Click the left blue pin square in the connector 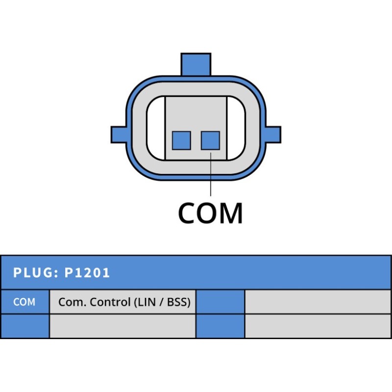tap(181, 141)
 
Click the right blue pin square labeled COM tap(211, 141)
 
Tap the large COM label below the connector tap(210, 213)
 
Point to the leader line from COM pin tap(211, 174)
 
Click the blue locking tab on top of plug tap(196, 64)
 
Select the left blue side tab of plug tap(119, 135)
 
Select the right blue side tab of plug tap(273, 135)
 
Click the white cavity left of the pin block tap(156, 128)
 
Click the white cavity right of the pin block tap(236, 128)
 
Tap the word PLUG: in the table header tap(36, 272)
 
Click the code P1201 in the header tap(87, 272)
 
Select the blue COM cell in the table tap(25, 302)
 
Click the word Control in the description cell tap(110, 302)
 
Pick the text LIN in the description tap(147, 302)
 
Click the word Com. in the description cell tap(72, 302)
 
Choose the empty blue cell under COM tap(25, 326)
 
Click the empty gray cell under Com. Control tap(122, 326)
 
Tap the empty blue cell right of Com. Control tap(220, 302)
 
